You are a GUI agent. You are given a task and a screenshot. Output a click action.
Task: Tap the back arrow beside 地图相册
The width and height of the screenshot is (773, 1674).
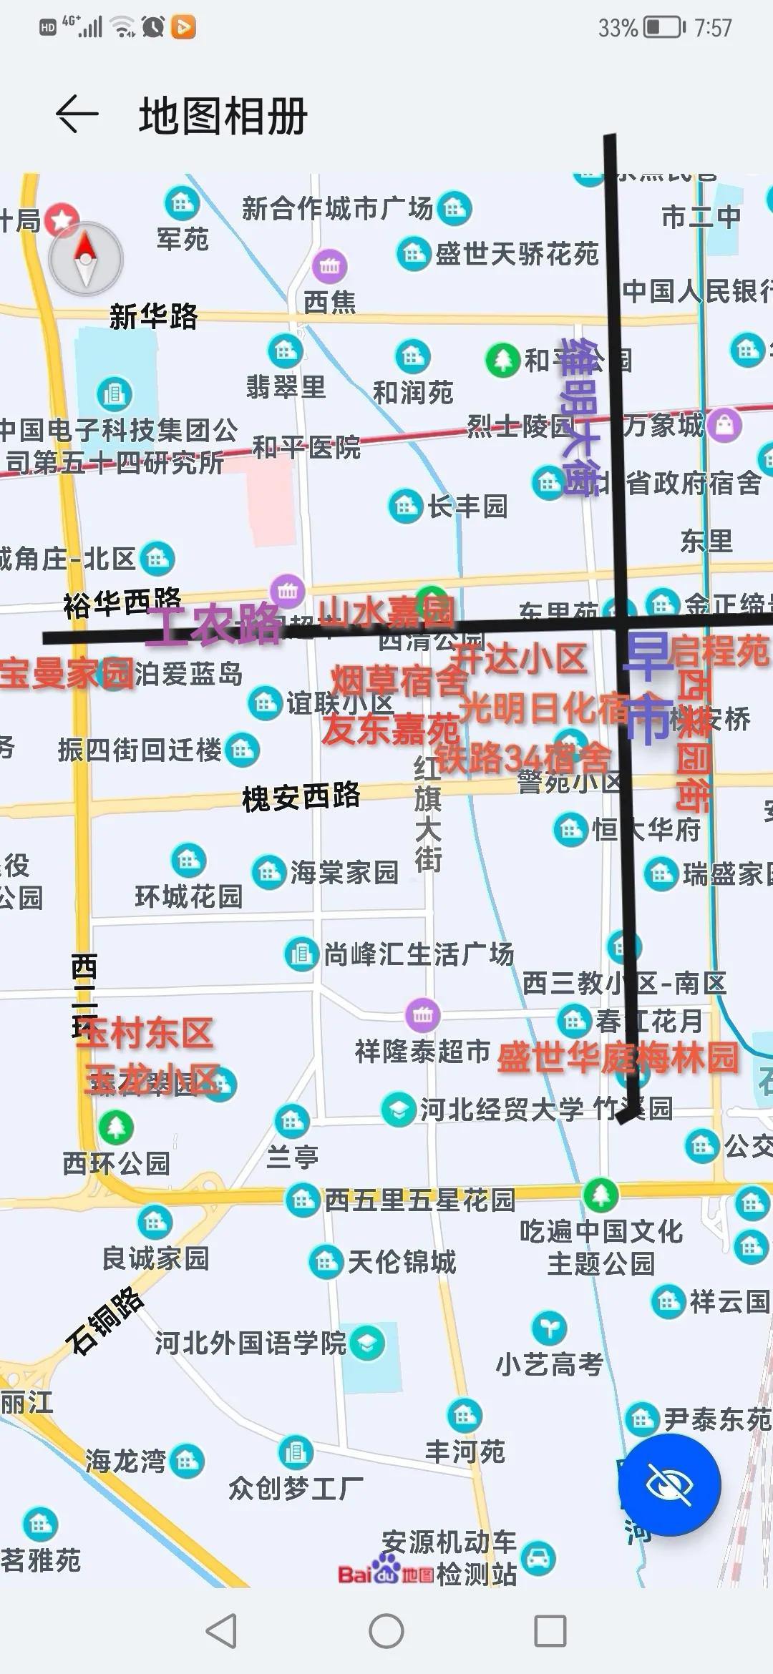[77, 114]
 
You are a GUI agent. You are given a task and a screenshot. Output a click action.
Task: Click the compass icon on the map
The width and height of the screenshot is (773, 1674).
[86, 259]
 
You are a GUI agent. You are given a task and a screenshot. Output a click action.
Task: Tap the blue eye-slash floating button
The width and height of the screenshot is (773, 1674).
[669, 1484]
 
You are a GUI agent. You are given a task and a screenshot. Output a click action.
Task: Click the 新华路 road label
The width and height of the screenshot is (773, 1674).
[153, 316]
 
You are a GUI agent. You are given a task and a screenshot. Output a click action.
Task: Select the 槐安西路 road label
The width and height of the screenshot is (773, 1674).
[301, 796]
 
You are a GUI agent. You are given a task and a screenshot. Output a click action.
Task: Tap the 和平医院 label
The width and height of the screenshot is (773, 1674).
[306, 448]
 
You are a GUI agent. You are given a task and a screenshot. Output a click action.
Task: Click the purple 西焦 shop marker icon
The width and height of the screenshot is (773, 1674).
[329, 266]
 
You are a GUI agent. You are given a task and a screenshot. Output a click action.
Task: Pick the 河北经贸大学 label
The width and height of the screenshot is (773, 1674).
[501, 1110]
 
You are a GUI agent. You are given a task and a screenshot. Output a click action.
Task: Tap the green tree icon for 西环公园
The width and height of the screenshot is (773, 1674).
[116, 1127]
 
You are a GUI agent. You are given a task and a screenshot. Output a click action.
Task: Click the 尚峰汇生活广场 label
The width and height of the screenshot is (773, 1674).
[419, 954]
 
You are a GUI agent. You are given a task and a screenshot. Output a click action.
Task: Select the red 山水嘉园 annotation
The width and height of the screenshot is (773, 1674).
[386, 612]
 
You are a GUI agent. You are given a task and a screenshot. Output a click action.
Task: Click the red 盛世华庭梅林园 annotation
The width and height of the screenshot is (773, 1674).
[617, 1057]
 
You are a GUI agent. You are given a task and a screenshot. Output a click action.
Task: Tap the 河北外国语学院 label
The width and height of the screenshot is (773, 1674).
[251, 1343]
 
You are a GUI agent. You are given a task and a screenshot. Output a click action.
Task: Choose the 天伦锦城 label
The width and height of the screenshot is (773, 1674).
[402, 1262]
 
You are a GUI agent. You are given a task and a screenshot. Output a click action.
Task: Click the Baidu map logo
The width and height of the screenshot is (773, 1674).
[386, 1573]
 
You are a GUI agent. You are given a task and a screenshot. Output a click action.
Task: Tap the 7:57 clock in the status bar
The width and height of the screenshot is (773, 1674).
[713, 28]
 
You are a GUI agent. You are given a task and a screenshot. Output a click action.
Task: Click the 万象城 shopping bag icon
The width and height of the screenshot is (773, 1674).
[724, 425]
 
